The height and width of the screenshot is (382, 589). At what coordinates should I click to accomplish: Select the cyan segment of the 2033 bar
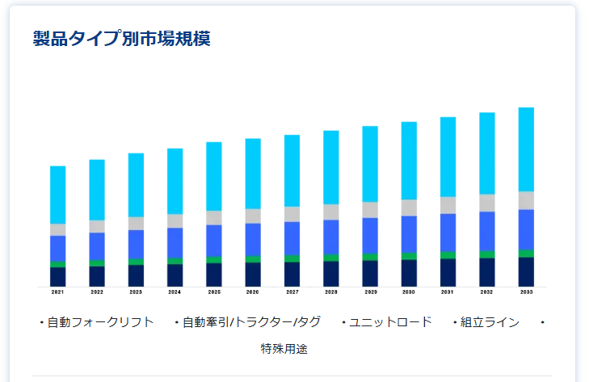pyautogui.click(x=526, y=149)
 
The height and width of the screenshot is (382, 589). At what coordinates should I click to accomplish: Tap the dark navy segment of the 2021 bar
pyautogui.click(x=57, y=276)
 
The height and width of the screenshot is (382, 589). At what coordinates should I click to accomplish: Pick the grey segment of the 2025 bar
pyautogui.click(x=214, y=217)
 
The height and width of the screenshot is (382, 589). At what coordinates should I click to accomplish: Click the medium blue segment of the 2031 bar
pyautogui.click(x=448, y=233)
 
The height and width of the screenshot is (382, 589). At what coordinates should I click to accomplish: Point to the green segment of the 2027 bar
pyautogui.click(x=292, y=258)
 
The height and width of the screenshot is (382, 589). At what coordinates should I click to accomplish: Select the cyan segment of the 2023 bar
pyautogui.click(x=136, y=184)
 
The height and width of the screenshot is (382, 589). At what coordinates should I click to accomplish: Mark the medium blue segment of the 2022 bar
pyautogui.click(x=97, y=246)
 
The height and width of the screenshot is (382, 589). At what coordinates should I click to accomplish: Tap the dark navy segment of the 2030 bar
pyautogui.click(x=409, y=272)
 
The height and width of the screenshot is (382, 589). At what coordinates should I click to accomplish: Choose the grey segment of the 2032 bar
pyautogui.click(x=487, y=203)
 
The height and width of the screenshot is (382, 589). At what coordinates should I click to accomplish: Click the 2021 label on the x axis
pyautogui.click(x=57, y=292)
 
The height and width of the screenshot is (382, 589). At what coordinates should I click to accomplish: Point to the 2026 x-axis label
pyautogui.click(x=253, y=292)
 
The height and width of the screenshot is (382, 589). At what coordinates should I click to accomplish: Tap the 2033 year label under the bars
pyautogui.click(x=526, y=292)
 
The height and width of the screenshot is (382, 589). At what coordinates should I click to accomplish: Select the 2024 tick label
pyautogui.click(x=175, y=292)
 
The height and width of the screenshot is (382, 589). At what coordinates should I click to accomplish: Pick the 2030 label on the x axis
pyautogui.click(x=409, y=292)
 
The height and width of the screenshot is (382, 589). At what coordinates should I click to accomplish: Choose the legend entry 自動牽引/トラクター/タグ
pyautogui.click(x=251, y=322)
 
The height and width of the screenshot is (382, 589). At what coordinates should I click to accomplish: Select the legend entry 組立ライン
pyautogui.click(x=490, y=322)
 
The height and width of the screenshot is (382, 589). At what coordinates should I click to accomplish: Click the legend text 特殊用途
pyautogui.click(x=284, y=349)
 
